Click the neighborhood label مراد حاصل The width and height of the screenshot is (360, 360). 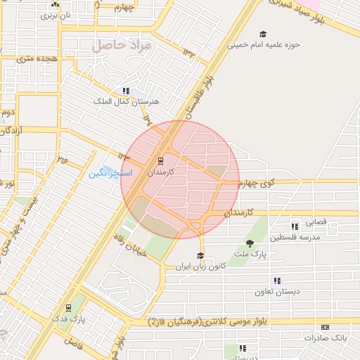pyautogui.click(x=121, y=46)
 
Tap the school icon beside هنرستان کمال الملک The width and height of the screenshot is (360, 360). pyautogui.click(x=126, y=91)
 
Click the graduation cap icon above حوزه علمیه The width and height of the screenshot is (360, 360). pyautogui.click(x=263, y=34)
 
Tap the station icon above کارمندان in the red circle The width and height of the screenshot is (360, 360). pyautogui.click(x=160, y=160)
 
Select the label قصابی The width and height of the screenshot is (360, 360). pyautogui.click(x=315, y=222)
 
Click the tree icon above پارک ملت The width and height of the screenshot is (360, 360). pyautogui.click(x=250, y=243)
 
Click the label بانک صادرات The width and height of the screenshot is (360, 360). pyautogui.click(x=326, y=338)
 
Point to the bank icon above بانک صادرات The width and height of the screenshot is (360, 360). pyautogui.click(x=325, y=327)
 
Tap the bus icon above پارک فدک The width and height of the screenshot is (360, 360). pyautogui.click(x=68, y=307)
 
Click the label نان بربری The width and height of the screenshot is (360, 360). pyautogui.click(x=55, y=14)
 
